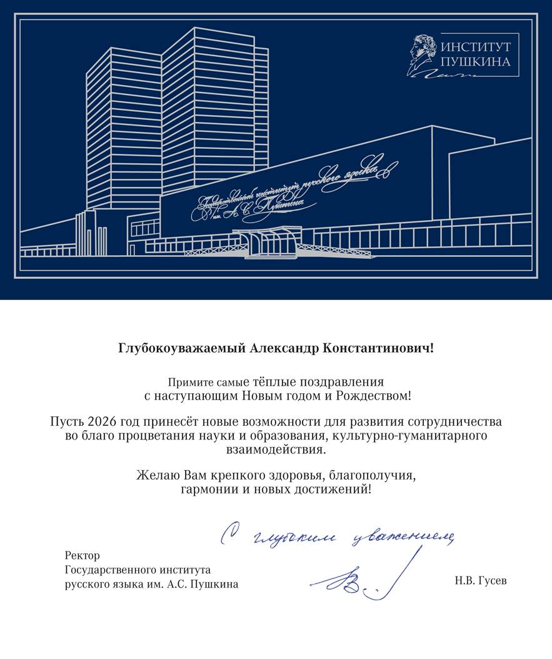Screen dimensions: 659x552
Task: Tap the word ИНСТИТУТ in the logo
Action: (476, 47)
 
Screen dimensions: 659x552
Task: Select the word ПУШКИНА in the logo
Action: (476, 62)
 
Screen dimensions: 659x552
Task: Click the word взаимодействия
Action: (276, 450)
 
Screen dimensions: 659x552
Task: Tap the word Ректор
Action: (82, 555)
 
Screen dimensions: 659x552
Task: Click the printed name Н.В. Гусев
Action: (481, 581)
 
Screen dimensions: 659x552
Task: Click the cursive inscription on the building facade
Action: (294, 188)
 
